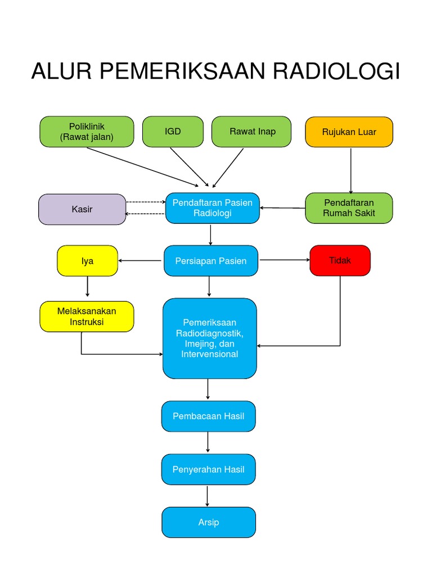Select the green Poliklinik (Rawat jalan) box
click(x=87, y=132)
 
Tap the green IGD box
click(x=173, y=132)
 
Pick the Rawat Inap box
click(x=251, y=132)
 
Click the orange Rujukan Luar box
click(x=349, y=132)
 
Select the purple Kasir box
click(x=82, y=209)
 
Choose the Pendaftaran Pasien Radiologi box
click(x=212, y=208)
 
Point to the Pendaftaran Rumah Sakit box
click(x=349, y=208)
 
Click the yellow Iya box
click(x=87, y=260)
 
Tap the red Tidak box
click(x=340, y=260)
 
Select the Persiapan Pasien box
click(x=211, y=261)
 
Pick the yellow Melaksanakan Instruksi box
click(x=87, y=317)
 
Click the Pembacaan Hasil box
click(x=208, y=416)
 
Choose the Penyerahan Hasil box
click(x=208, y=469)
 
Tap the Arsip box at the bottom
click(x=208, y=522)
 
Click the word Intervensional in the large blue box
click(x=210, y=354)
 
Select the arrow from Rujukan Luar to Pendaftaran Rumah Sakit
click(x=351, y=170)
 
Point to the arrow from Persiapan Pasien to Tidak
click(x=284, y=260)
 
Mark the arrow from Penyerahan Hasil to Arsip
click(x=208, y=496)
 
